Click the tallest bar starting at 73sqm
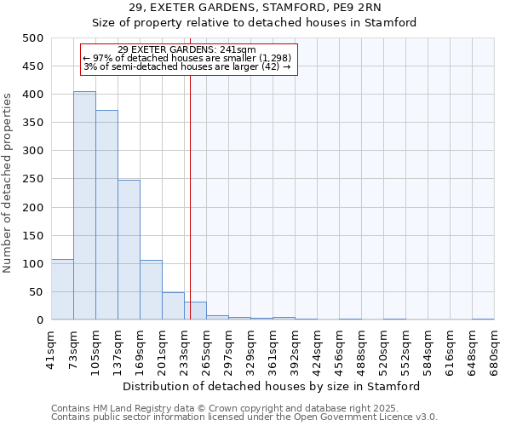pos(84,205)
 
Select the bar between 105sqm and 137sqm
pos(106,215)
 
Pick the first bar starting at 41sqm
pos(62,290)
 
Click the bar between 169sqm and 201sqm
pos(151,290)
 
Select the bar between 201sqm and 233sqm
pos(173,306)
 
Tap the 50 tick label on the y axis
pos(37,292)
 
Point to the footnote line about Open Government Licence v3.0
pos(244,417)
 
